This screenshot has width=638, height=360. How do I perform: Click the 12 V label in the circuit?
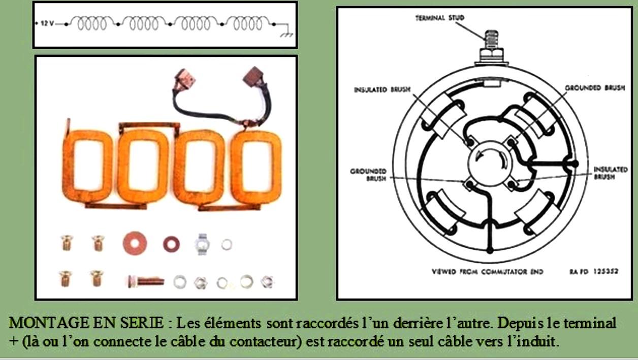[47, 23]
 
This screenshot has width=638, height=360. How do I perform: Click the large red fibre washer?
[135, 243]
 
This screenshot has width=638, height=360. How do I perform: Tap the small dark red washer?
[171, 244]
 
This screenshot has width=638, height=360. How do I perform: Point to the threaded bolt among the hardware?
[146, 281]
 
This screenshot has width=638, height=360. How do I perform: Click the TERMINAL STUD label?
[440, 18]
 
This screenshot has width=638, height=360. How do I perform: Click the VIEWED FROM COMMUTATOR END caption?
[487, 272]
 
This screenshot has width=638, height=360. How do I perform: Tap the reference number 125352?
[606, 272]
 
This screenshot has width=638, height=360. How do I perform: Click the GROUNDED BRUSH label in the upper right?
[595, 88]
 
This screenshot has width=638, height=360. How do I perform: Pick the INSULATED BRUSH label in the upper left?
[382, 90]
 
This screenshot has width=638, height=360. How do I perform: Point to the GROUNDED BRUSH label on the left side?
[368, 175]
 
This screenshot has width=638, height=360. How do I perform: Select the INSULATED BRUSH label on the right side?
[611, 173]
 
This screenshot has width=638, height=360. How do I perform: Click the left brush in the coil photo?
[185, 79]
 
